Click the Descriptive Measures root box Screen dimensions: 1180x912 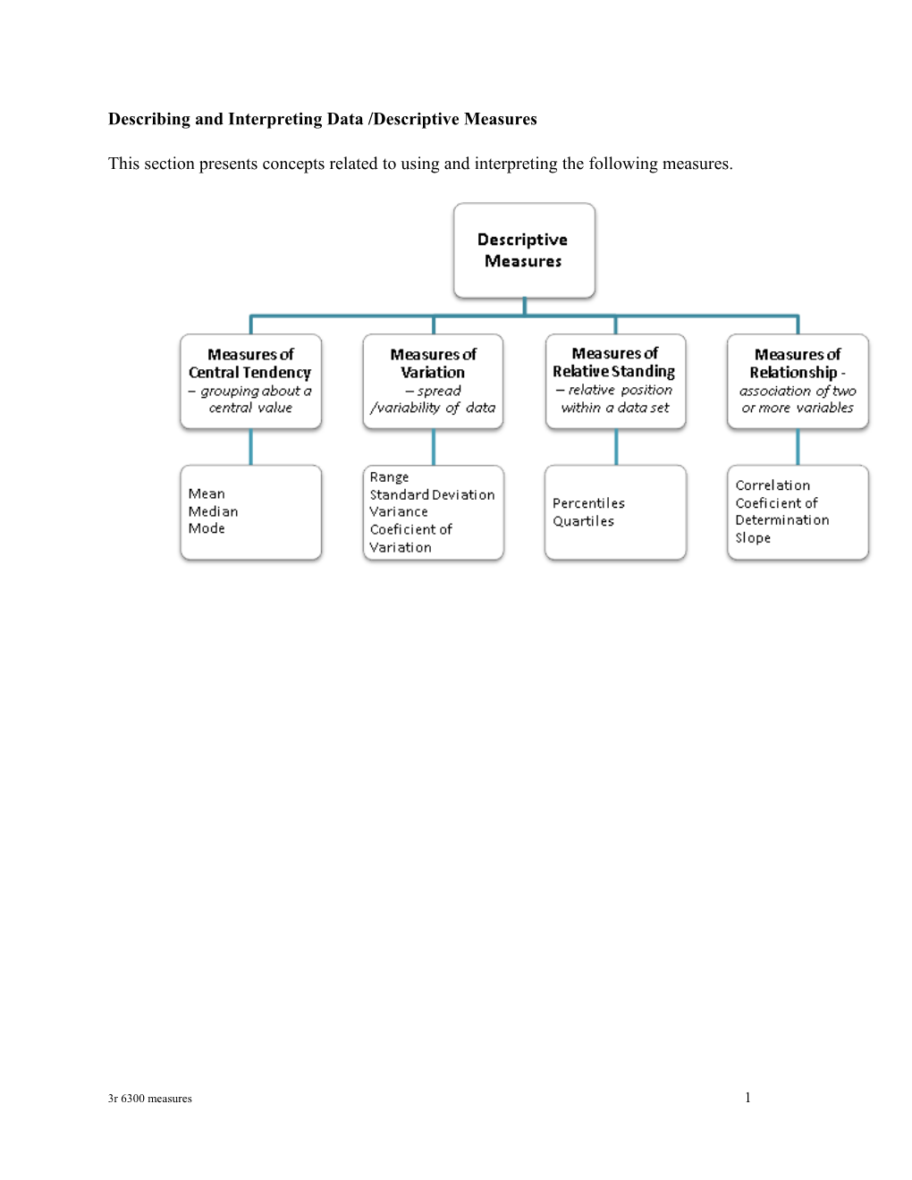coord(524,250)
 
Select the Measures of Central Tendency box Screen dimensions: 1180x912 coord(250,382)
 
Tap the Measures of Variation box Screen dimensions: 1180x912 coord(433,382)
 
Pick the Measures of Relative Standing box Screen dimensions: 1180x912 coord(615,382)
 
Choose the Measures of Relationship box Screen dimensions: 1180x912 coord(798,382)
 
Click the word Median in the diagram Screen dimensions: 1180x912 coord(213,511)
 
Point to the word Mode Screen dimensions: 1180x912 coord(207,528)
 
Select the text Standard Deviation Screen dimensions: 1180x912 coord(432,494)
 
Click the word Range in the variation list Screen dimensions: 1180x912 coord(389,477)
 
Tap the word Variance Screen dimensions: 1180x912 coord(399,511)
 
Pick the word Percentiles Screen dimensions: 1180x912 coord(588,503)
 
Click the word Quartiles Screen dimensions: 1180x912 coord(583,521)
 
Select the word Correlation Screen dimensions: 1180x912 coord(773,485)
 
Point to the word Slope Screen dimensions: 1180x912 coord(753,538)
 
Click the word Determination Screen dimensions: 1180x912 coord(782,520)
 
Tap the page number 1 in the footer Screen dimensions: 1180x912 coord(747,1098)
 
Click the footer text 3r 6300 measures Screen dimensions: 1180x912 coord(149,1099)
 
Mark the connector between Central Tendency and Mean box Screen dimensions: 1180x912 coord(250,447)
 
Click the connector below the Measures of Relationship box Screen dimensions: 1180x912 coord(798,447)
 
